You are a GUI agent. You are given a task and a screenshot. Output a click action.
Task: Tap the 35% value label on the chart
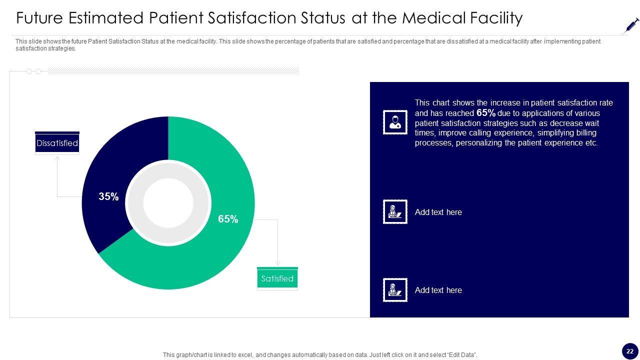tap(108, 196)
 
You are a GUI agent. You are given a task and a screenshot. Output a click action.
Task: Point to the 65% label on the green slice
tap(228, 219)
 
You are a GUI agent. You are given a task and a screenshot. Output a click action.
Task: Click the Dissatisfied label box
tap(57, 143)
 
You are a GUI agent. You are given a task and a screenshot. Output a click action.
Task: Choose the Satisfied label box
tap(277, 278)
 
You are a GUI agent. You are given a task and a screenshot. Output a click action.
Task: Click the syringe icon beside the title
tap(631, 25)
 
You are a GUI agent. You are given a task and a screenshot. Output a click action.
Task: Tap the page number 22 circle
tap(630, 351)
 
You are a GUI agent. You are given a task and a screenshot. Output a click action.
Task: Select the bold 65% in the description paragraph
tap(486, 113)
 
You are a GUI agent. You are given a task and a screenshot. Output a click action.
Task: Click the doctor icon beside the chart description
tap(395, 122)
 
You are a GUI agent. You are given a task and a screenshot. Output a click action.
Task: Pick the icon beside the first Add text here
tap(395, 211)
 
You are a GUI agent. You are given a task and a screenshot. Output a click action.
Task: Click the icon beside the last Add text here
tap(395, 290)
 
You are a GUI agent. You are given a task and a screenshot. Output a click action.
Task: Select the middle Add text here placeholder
tap(438, 212)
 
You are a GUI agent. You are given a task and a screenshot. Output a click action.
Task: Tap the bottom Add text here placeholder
tap(438, 290)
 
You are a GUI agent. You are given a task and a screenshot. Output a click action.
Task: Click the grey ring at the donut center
tap(135, 203)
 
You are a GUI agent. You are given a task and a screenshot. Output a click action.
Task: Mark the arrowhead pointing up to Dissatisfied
tap(57, 158)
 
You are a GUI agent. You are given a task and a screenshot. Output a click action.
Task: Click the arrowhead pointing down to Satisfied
tap(277, 262)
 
